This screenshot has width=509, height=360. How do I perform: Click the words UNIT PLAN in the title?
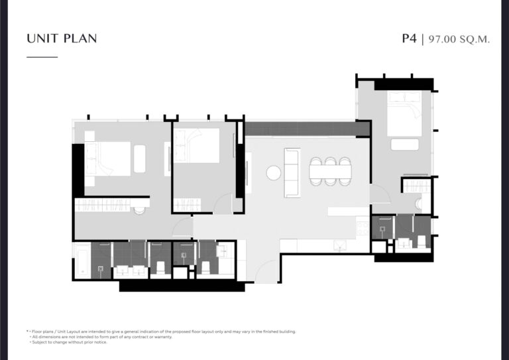tap(62, 38)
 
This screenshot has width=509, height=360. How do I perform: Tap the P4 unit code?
tap(409, 38)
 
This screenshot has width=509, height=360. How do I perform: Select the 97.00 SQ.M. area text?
tap(459, 39)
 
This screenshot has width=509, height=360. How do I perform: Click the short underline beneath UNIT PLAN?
tap(42, 57)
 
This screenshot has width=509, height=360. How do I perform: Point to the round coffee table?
tap(273, 172)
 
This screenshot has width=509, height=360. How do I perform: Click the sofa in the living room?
tap(292, 172)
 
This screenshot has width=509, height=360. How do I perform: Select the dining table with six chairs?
tap(330, 172)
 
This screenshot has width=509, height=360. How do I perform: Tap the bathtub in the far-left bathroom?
tap(82, 261)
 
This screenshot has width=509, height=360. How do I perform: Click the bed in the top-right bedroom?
tap(404, 113)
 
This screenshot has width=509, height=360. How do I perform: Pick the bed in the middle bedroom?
tap(197, 145)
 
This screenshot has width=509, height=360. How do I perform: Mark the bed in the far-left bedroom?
tap(108, 158)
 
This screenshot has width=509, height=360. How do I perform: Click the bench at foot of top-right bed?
tap(405, 145)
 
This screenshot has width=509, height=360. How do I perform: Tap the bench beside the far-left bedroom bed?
tap(140, 158)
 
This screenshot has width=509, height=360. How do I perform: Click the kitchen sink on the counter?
tap(340, 246)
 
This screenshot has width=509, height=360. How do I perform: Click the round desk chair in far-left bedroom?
tap(140, 210)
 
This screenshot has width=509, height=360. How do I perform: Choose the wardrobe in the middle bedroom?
tap(188, 205)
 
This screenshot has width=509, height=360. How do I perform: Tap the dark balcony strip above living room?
tap(307, 129)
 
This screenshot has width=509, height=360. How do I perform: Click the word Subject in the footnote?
tap(39, 342)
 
